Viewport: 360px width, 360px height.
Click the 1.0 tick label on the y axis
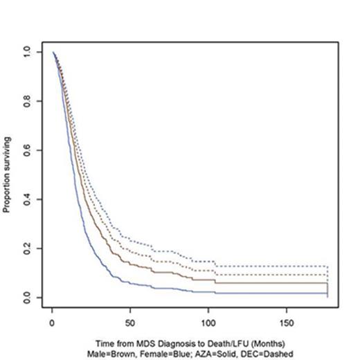[26, 52]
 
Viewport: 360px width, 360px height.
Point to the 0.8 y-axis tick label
[26, 101]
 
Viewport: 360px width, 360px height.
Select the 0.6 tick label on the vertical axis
[26, 150]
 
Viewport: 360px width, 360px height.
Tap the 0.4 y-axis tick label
[26, 199]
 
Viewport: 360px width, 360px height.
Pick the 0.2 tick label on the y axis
[26, 249]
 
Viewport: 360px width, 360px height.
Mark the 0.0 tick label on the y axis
[26, 298]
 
